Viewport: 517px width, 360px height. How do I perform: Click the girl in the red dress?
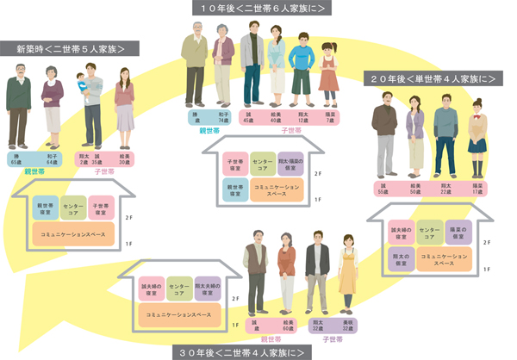329,75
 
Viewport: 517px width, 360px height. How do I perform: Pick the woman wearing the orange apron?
347,276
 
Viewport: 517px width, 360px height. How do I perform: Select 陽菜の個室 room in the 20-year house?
462,231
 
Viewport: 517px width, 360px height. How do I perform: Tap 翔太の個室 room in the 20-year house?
401,261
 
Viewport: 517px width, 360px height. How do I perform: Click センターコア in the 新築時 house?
73,209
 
